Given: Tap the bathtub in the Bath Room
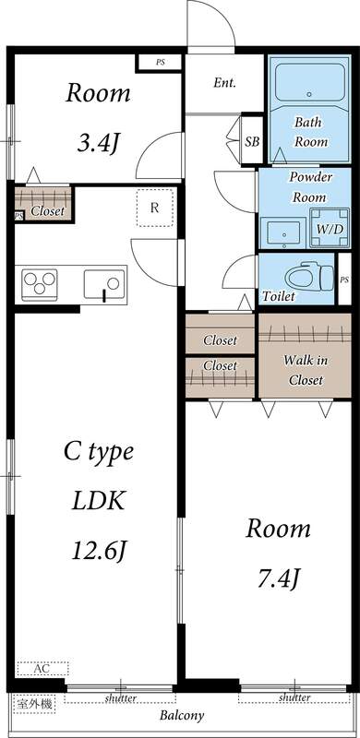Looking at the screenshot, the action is (310, 83).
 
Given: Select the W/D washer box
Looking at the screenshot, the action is (330, 228).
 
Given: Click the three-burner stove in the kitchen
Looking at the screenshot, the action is (40, 285).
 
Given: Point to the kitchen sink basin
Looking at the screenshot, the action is (105, 284).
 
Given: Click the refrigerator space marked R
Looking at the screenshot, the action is (154, 208).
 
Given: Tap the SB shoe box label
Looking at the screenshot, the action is (253, 141).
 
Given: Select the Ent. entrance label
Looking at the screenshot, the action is (224, 83).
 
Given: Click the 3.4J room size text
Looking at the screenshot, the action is (97, 144).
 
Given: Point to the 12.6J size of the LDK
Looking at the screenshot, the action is (99, 550).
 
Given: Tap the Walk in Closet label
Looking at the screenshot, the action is (306, 370).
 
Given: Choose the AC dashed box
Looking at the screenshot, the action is (42, 668).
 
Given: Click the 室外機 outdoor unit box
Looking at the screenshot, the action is (34, 705).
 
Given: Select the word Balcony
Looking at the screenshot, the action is (182, 717).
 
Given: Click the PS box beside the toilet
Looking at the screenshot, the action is (344, 280).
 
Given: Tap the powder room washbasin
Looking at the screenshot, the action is (283, 233).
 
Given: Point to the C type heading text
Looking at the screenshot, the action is (99, 452).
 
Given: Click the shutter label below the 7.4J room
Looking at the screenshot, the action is (294, 697).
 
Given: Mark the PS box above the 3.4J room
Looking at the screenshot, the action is (161, 62).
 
